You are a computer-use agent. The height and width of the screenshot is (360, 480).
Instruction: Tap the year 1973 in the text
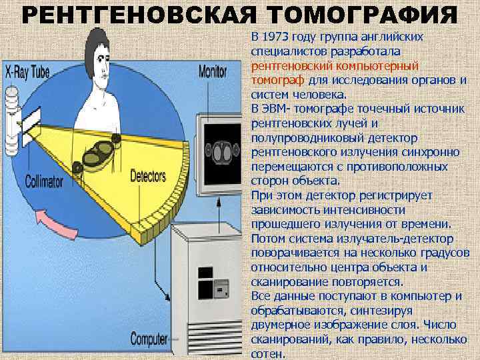coord(275,35)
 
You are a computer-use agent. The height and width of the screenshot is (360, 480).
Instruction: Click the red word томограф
coord(275,81)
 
